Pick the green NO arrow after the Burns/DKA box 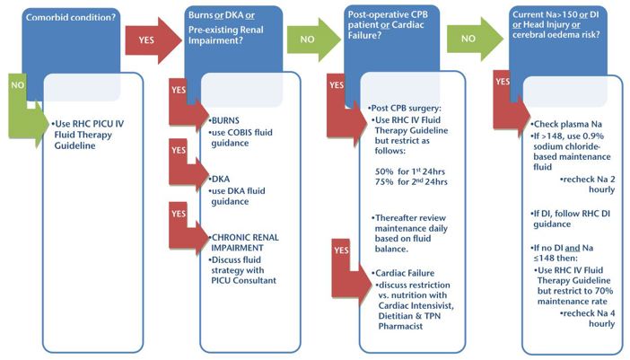point(310,40)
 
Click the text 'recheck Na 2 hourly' point(588,184)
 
